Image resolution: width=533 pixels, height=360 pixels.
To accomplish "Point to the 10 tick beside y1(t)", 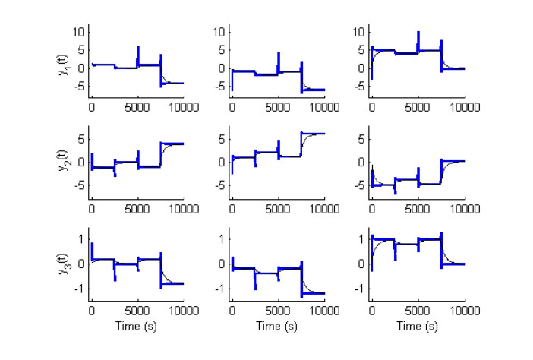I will point(80,32).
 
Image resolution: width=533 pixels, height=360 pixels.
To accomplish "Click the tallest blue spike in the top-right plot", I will point(418,39).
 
